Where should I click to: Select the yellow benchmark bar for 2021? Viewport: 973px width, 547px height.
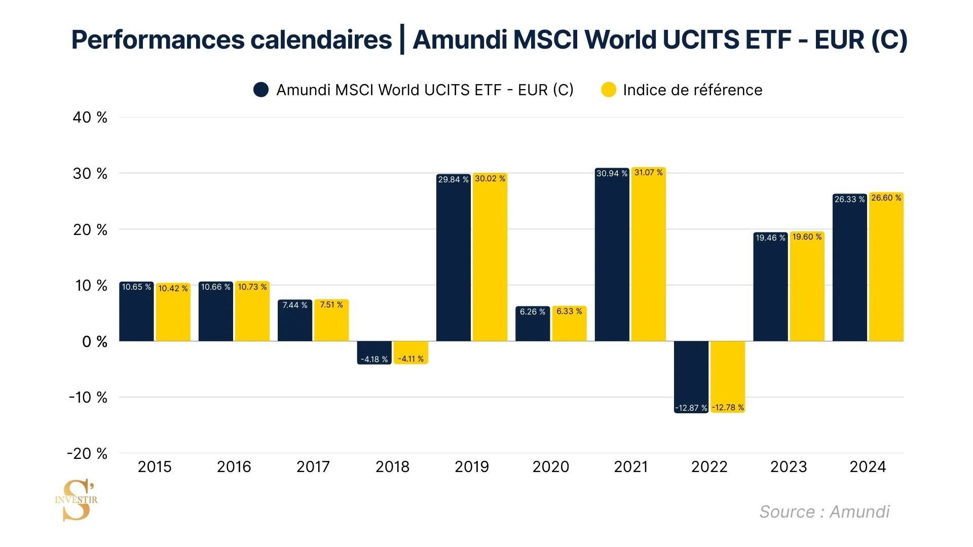(x=648, y=258)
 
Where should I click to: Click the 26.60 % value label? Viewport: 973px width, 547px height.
(x=886, y=198)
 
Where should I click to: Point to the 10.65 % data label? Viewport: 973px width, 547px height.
(x=136, y=287)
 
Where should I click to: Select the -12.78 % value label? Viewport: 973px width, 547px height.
(x=728, y=408)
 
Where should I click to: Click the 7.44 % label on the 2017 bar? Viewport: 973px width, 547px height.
(x=294, y=305)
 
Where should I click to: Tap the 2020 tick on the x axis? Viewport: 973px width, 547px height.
(x=550, y=466)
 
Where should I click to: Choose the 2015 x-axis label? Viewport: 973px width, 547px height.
(x=155, y=466)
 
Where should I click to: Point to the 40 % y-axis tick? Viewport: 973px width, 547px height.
(x=90, y=118)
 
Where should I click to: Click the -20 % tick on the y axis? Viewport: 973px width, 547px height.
(x=87, y=453)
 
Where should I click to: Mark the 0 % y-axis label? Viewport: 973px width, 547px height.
(x=95, y=342)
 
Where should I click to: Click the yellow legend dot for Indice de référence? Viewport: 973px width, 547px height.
(x=608, y=90)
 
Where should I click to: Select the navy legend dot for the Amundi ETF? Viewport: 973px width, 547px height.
(x=261, y=90)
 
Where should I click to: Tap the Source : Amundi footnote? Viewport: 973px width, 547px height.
(x=824, y=512)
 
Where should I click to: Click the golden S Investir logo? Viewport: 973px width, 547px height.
(x=77, y=500)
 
